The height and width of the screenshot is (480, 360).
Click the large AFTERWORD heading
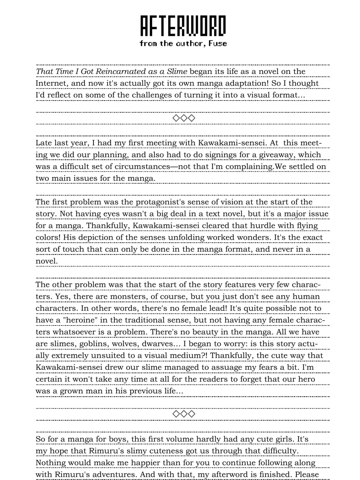183,26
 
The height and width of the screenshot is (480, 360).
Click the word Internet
51,83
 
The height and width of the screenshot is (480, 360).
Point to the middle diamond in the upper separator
184,118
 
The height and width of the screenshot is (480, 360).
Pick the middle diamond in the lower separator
184,414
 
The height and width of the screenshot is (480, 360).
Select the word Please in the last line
307,475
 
